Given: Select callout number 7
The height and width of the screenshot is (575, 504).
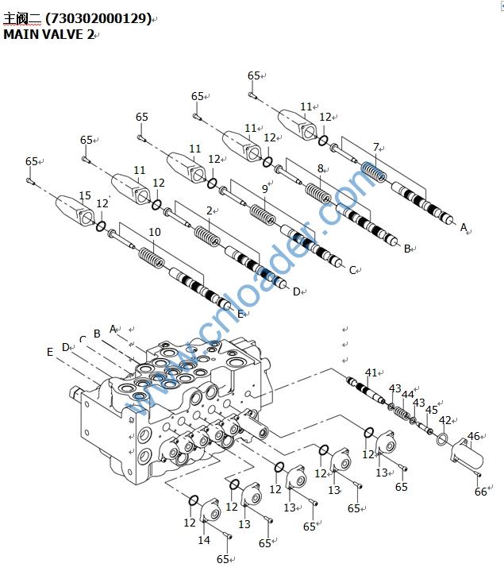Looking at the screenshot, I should click(376, 147).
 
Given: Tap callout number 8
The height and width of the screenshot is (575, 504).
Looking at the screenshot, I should click(321, 168).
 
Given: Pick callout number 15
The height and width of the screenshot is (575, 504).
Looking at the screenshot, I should click(85, 195).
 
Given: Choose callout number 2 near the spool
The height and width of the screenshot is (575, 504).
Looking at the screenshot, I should click(210, 210).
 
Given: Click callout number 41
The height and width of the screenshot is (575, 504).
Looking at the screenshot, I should click(371, 372).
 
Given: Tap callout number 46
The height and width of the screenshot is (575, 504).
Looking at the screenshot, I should click(473, 435).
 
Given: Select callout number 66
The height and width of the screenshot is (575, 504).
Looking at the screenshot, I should click(480, 492).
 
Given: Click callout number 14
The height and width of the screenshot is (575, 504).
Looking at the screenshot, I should click(204, 540).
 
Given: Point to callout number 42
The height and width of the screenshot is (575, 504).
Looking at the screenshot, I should click(444, 420).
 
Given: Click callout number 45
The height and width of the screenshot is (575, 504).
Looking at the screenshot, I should click(432, 410).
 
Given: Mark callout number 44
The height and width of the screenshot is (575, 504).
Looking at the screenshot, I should click(408, 394).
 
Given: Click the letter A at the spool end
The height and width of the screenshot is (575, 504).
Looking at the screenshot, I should click(464, 227).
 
